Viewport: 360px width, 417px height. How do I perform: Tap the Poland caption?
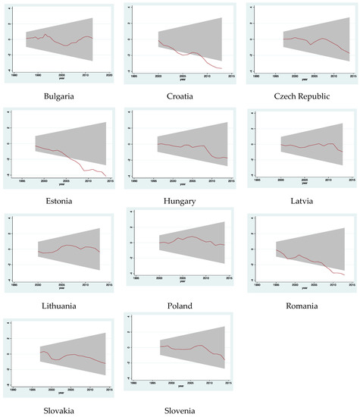click(x=180, y=306)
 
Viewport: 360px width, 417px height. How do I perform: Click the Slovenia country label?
click(x=180, y=410)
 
